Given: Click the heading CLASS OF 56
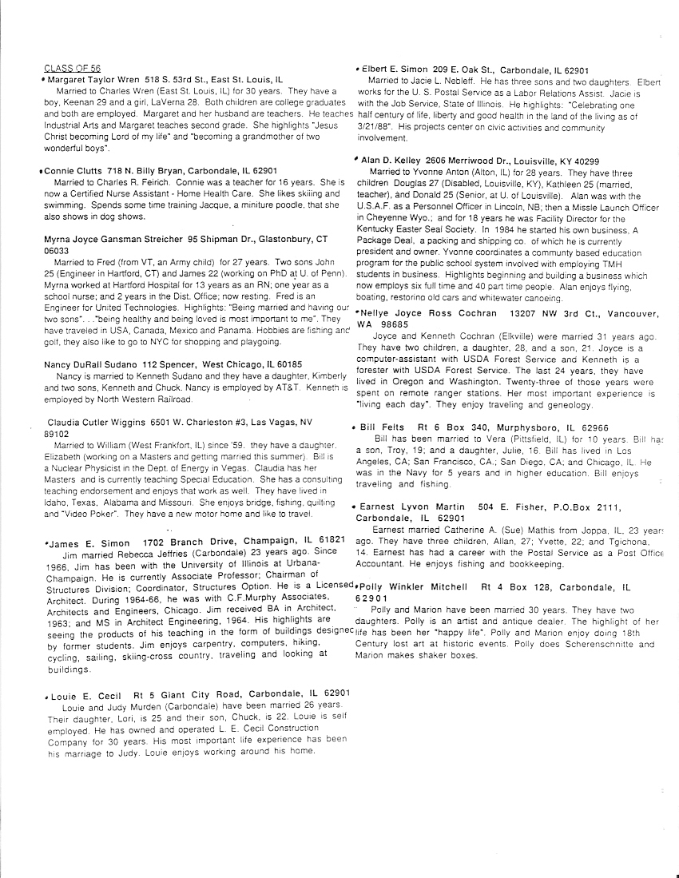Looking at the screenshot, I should pyautogui.click(x=72, y=69).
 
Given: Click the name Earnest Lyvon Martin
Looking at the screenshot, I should pyautogui.click(x=412, y=507).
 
